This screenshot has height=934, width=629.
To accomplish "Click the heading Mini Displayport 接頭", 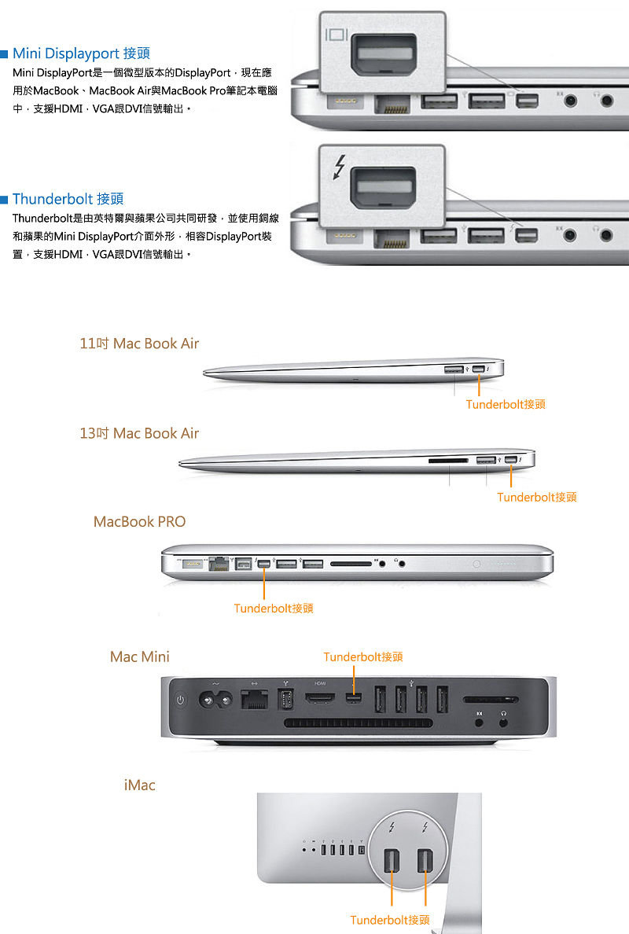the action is (81, 53).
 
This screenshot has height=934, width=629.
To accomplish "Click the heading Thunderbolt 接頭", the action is (68, 199).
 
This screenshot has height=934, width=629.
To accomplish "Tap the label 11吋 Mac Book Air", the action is (139, 344).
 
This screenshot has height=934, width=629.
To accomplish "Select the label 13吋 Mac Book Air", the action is (139, 433).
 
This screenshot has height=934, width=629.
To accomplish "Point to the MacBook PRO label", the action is (139, 522).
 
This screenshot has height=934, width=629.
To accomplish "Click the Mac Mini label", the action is (140, 656).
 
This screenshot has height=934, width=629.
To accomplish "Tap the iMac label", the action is (139, 785).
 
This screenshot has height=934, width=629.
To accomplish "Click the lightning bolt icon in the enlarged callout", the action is (340, 167).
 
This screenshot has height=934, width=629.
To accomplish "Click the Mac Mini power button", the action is (181, 700).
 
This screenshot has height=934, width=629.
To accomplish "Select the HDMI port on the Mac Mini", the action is (321, 697).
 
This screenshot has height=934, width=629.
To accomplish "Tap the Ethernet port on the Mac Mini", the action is (254, 699).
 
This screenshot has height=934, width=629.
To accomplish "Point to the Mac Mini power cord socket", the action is (215, 700).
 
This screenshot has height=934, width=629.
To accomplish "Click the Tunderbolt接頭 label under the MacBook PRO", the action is (274, 609).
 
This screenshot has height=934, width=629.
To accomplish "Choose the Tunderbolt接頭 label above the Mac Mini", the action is (363, 657).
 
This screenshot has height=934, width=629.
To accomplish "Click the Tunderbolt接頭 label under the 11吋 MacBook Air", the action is (506, 404).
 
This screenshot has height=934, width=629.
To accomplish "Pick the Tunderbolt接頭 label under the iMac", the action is (390, 920).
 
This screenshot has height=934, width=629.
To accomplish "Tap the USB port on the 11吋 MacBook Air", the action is (454, 370).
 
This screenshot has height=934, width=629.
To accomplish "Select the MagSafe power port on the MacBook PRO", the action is (192, 562).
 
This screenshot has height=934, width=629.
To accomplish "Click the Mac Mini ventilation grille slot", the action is (359, 723).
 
